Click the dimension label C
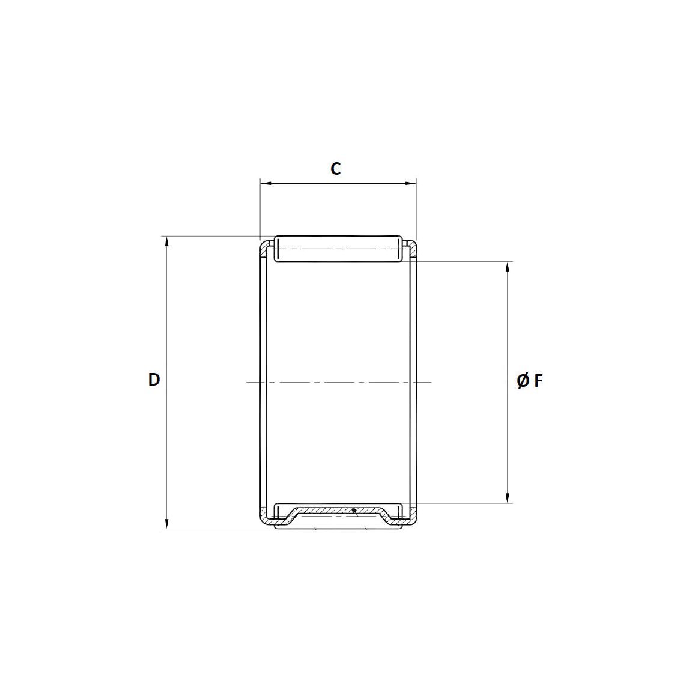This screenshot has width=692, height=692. click(x=336, y=169)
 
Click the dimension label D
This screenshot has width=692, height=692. click(x=154, y=380)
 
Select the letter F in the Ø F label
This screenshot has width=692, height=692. click(x=538, y=381)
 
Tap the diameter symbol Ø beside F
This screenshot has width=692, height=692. click(x=523, y=381)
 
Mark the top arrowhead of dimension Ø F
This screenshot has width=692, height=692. click(x=508, y=267)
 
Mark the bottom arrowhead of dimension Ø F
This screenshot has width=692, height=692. click(x=508, y=497)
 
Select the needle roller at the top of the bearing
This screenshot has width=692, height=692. click(x=338, y=249)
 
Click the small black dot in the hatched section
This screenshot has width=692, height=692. click(x=354, y=511)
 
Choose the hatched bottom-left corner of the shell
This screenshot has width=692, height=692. click(x=264, y=517)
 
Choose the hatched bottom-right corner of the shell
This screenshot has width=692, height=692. click(x=412, y=517)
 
